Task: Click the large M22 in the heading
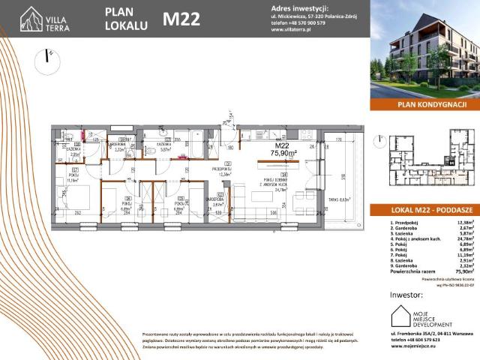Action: (x=181, y=19)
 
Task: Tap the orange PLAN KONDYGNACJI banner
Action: (x=424, y=106)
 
